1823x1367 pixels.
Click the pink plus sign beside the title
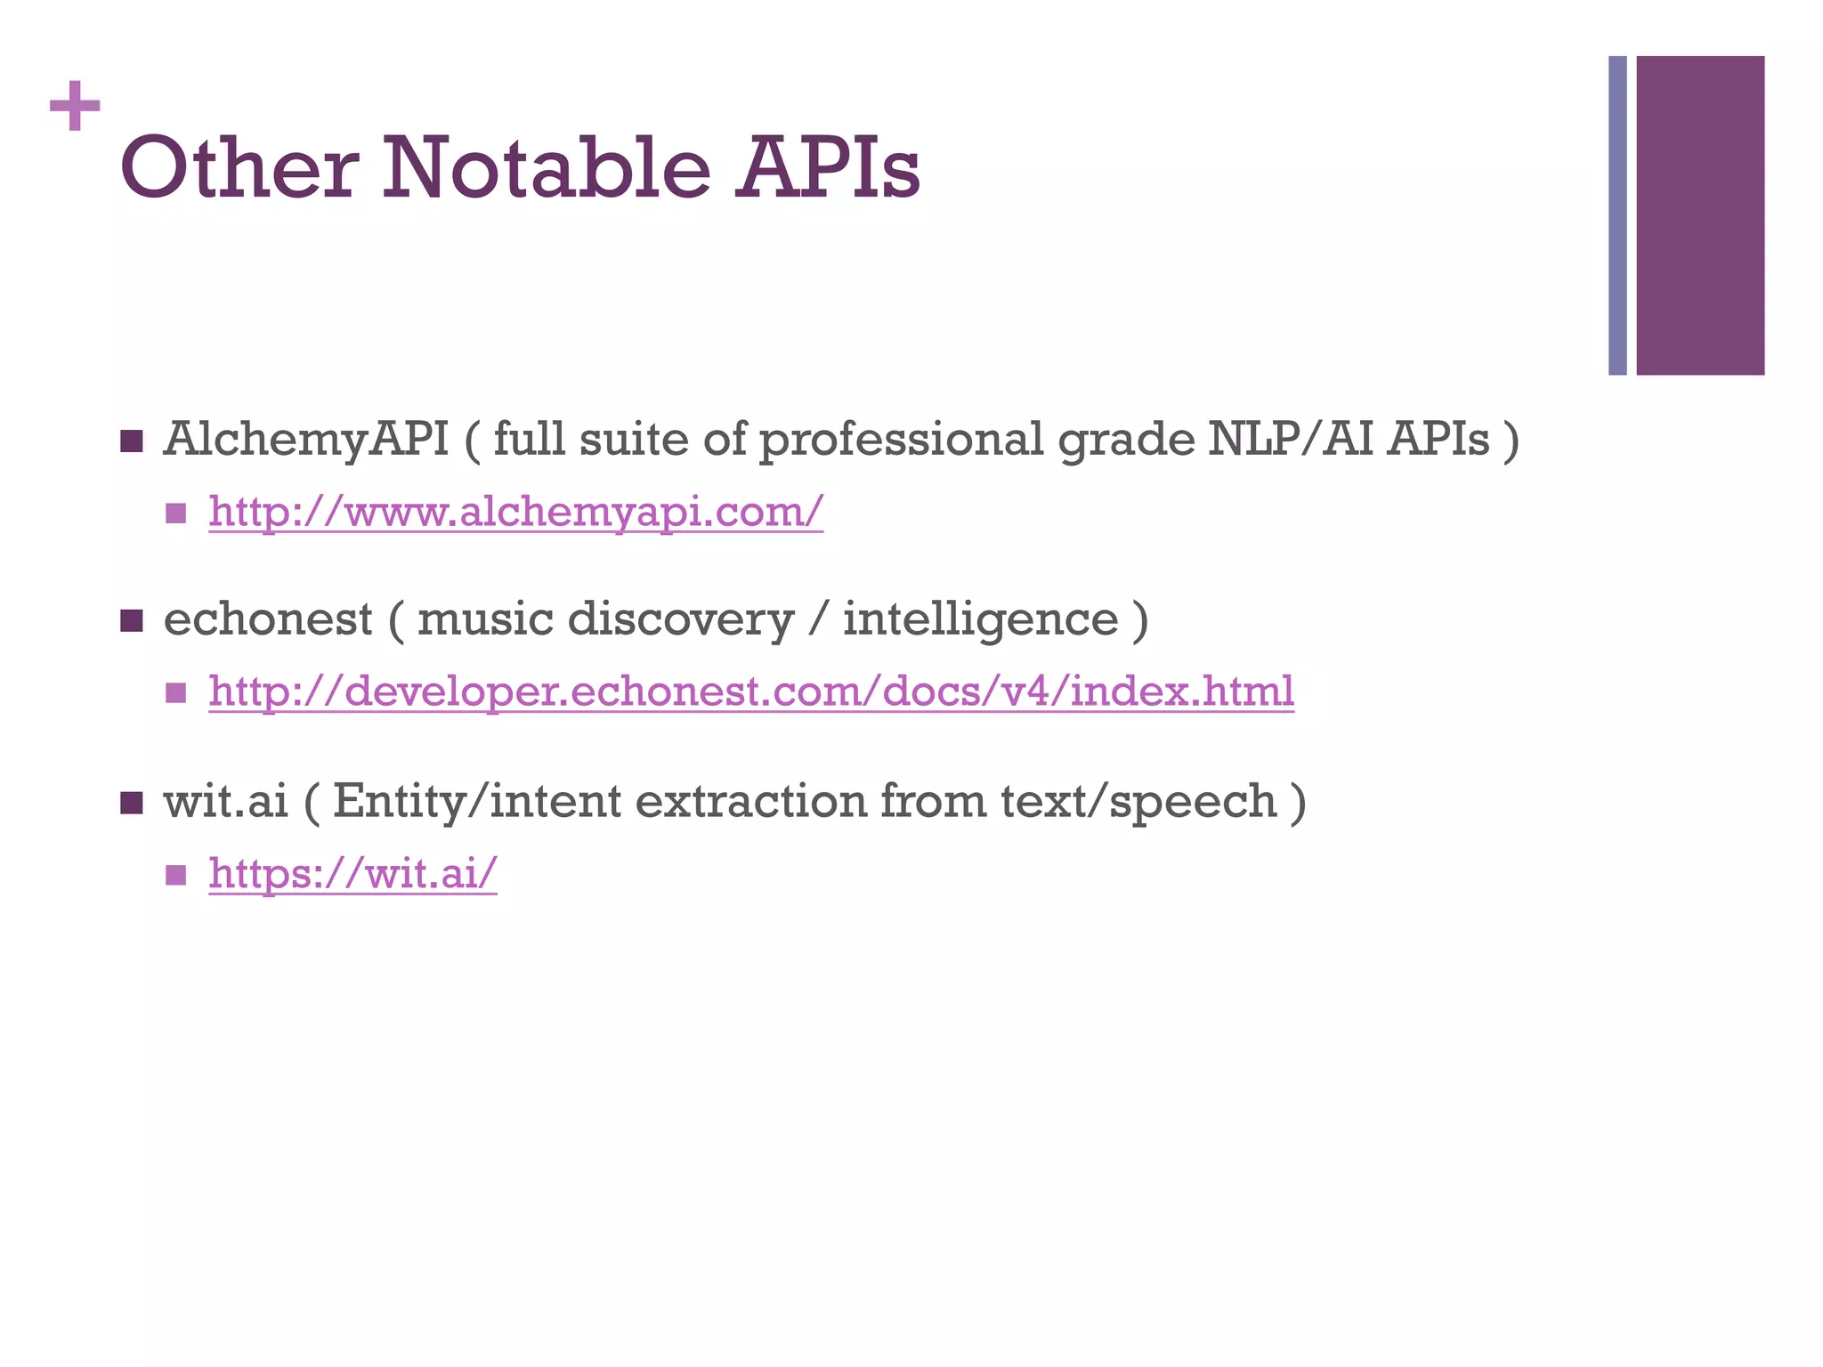(x=75, y=107)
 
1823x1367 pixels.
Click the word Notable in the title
(x=547, y=169)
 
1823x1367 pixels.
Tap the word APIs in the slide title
(x=828, y=169)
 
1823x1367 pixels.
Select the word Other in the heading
(x=239, y=169)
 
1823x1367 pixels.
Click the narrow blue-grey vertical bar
(x=1617, y=215)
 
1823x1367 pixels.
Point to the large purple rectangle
(x=1700, y=215)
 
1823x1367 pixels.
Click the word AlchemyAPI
(x=306, y=440)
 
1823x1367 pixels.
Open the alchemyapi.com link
(x=516, y=512)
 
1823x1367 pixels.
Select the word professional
(x=901, y=440)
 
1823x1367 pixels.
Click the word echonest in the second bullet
(x=268, y=619)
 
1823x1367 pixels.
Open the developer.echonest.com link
(x=751, y=692)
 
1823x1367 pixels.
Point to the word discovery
(x=681, y=619)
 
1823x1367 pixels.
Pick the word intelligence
(x=980, y=619)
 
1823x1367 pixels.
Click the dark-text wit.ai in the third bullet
(x=226, y=801)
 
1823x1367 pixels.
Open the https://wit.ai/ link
(x=352, y=873)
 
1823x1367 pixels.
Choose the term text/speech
(x=1138, y=801)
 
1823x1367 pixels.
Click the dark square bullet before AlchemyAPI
(x=132, y=441)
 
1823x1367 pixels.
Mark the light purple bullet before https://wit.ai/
(x=175, y=874)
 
